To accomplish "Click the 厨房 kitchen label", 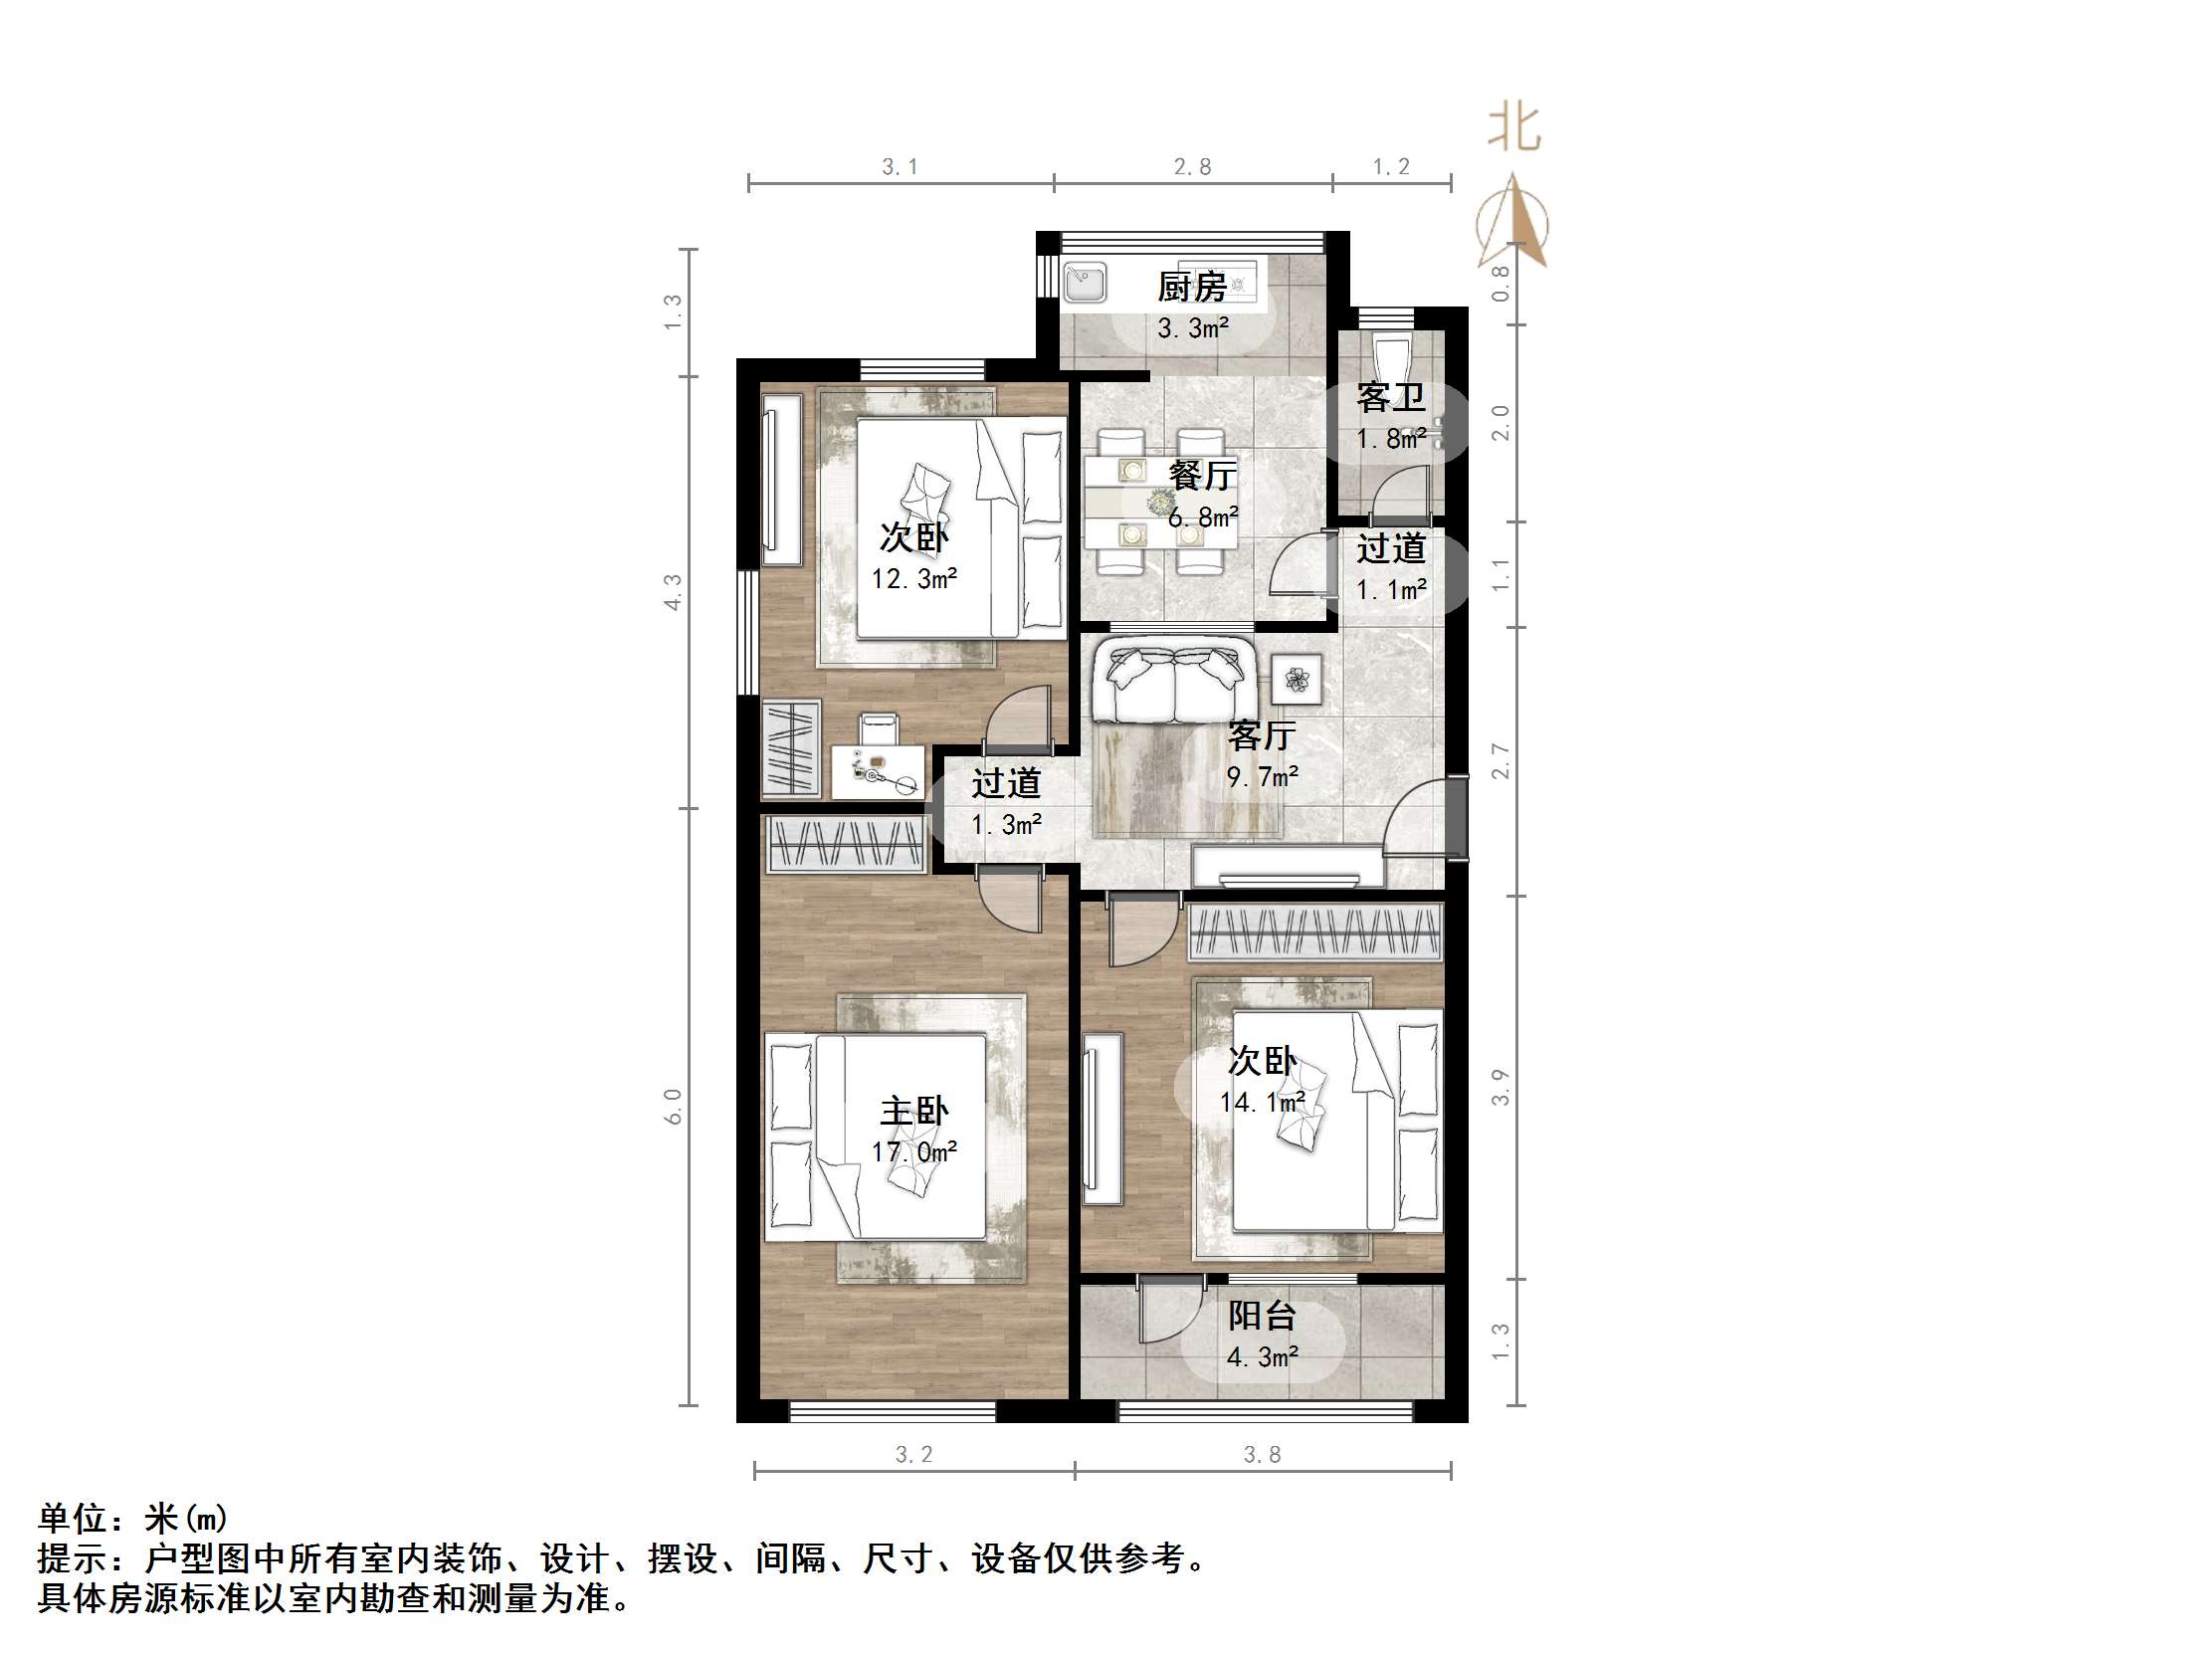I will tap(1192, 288).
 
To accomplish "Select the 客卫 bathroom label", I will tap(1391, 398).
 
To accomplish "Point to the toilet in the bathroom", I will tap(1391, 357).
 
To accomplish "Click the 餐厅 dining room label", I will tap(1203, 475).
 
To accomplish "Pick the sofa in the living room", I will tap(1173, 683).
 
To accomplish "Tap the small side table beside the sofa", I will tap(1297, 681).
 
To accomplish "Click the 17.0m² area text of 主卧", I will tap(914, 1152).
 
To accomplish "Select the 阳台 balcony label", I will tap(1262, 1316).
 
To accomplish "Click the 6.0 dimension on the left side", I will tap(674, 1107).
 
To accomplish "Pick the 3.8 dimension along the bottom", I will tap(1262, 1455).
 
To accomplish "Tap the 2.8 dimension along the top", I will tap(1192, 167).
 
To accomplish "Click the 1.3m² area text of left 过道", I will tap(1007, 824).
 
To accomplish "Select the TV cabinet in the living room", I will tap(1288, 866).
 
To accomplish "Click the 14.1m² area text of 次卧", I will tap(1262, 1103).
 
